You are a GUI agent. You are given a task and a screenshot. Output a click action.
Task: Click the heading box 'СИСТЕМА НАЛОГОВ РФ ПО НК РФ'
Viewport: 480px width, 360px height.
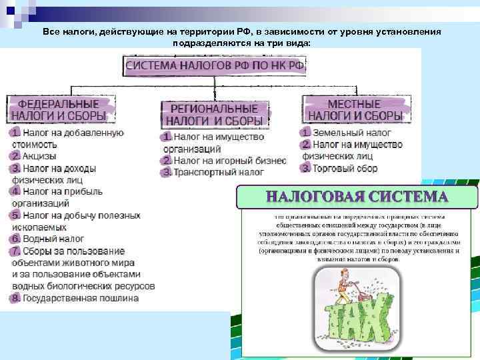click(214, 65)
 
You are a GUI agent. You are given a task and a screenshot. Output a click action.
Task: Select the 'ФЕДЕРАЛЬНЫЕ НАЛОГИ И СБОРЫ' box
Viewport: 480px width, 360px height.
click(61, 110)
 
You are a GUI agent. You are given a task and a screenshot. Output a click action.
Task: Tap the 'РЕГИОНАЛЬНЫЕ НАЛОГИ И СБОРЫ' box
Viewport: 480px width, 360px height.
click(214, 115)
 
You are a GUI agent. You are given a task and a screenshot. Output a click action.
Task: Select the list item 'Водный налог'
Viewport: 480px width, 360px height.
click(53, 239)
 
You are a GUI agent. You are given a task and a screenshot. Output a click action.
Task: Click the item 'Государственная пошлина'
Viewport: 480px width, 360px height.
click(80, 298)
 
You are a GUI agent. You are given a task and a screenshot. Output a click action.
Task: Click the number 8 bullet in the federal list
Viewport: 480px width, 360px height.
click(15, 298)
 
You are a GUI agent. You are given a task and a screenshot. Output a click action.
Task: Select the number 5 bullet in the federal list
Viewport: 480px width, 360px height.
click(15, 215)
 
